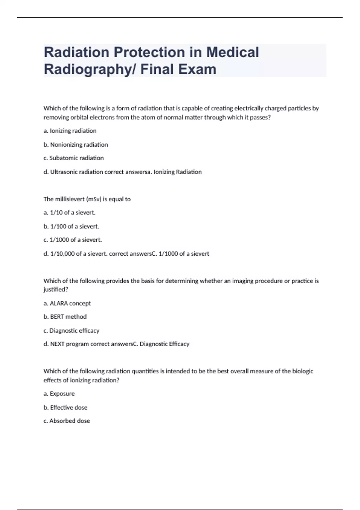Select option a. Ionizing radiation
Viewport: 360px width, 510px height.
(x=70, y=131)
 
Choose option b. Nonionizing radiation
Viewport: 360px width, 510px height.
(x=76, y=145)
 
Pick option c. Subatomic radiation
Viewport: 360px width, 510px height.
(x=73, y=158)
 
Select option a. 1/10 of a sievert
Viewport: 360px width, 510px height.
(x=69, y=213)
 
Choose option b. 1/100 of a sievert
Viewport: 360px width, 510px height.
(x=71, y=226)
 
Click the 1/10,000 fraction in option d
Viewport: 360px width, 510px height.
(x=62, y=254)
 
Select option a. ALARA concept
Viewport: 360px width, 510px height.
(x=67, y=303)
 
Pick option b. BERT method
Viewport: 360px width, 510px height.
(x=65, y=317)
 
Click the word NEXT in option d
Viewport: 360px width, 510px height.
(x=57, y=344)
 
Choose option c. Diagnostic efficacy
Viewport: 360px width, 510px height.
(x=71, y=331)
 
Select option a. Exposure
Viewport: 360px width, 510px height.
(x=59, y=394)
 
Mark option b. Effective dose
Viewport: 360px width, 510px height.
(x=65, y=407)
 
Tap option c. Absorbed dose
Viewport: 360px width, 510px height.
(x=67, y=421)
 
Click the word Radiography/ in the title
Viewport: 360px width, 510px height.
(x=90, y=69)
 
